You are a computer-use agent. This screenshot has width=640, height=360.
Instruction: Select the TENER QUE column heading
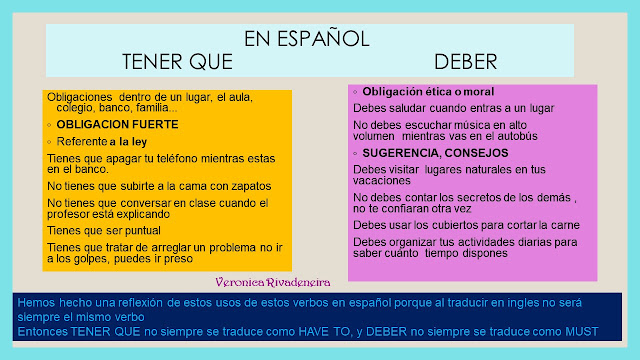click(177, 62)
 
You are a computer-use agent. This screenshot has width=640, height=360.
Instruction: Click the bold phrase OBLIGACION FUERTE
click(118, 125)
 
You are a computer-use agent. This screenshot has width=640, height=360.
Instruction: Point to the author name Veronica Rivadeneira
click(269, 283)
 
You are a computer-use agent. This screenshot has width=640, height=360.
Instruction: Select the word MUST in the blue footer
click(574, 332)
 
